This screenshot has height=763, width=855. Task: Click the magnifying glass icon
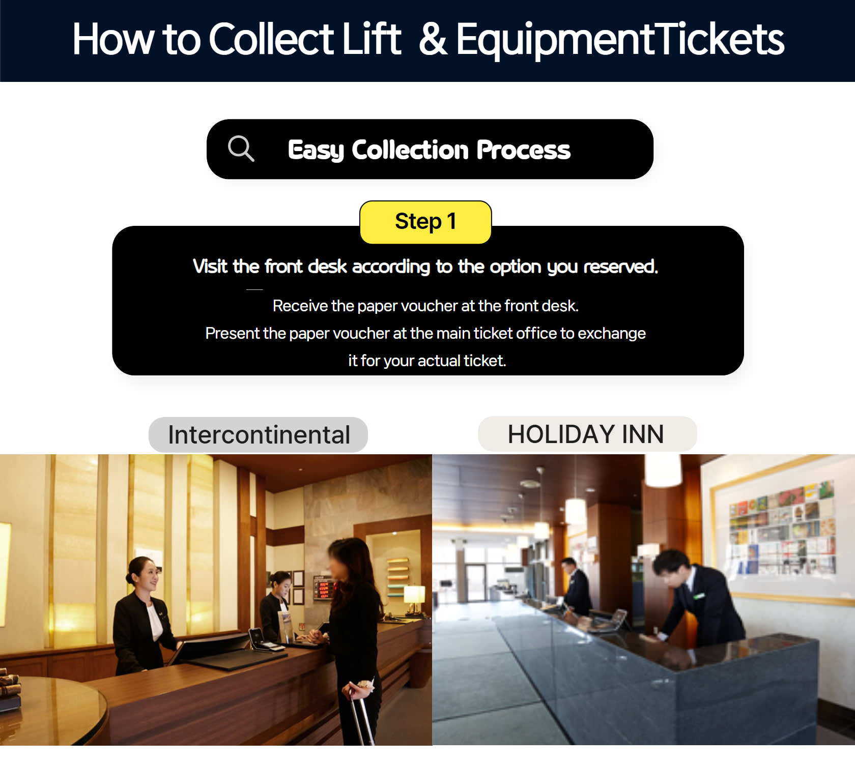click(x=241, y=149)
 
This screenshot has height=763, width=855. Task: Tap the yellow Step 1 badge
click(x=425, y=222)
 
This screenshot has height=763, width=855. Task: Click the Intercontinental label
click(x=259, y=435)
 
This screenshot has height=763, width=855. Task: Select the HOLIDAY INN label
click(x=587, y=434)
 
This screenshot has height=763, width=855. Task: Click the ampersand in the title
click(x=433, y=39)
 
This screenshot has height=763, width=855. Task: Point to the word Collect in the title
click(x=271, y=39)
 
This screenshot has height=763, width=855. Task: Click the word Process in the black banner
click(x=523, y=150)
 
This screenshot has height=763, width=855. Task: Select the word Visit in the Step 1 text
click(x=210, y=266)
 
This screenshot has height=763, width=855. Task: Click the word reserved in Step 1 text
click(x=620, y=267)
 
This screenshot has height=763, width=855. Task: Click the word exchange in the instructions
click(x=612, y=334)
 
